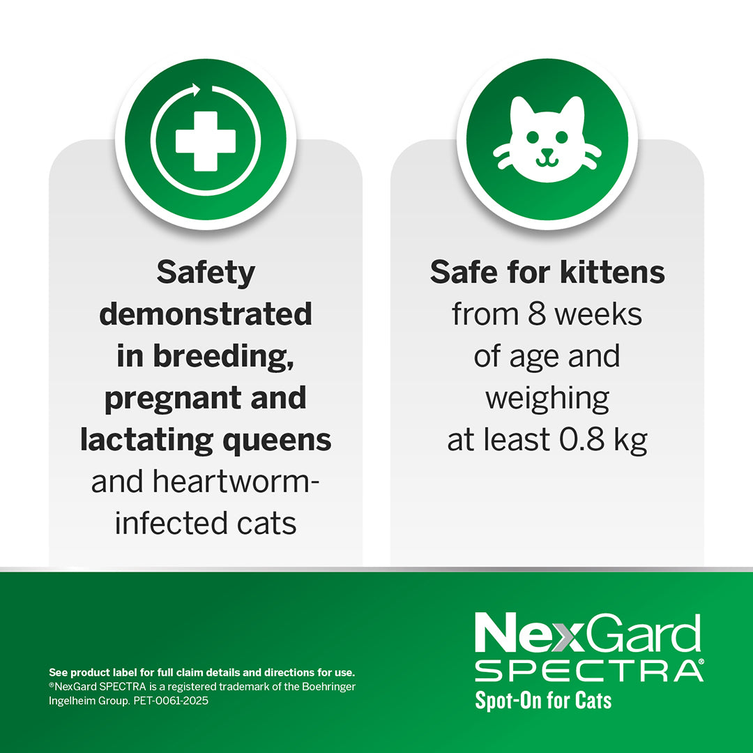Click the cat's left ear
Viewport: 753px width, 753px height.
click(520, 109)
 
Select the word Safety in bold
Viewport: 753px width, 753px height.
click(206, 273)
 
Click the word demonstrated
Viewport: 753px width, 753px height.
click(206, 314)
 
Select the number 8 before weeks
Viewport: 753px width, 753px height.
click(536, 314)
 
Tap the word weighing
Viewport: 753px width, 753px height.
click(547, 398)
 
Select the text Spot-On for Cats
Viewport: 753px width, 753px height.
click(543, 699)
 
